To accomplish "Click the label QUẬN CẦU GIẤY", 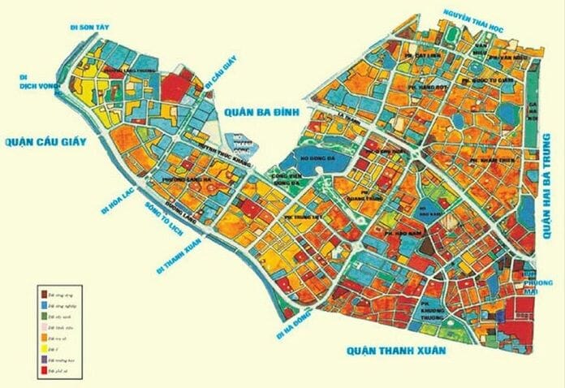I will click(56, 143).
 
